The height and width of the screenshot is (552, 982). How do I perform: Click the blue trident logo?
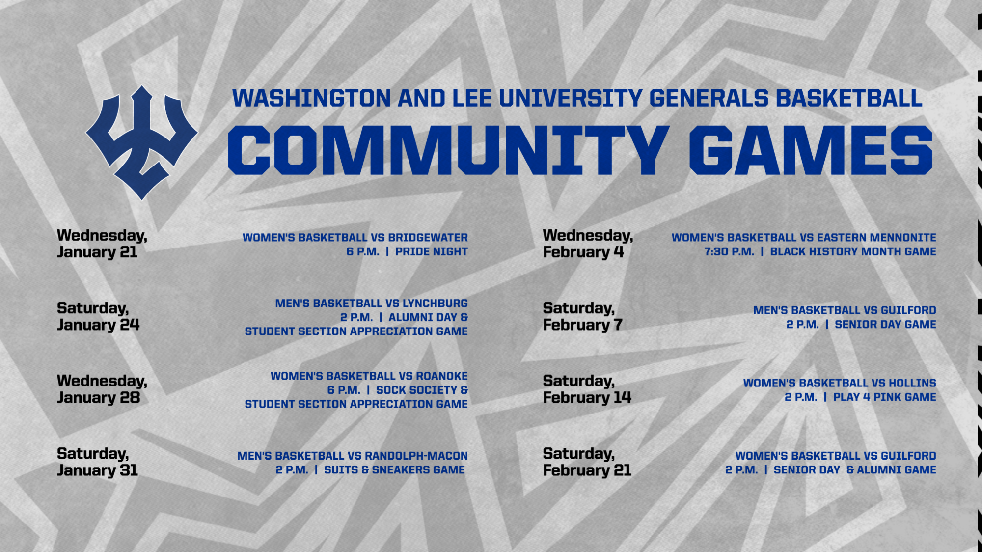tap(141, 142)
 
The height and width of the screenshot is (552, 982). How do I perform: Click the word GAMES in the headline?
tap(811, 150)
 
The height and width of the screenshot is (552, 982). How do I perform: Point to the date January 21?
tap(97, 252)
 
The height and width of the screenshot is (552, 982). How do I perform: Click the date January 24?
tap(98, 325)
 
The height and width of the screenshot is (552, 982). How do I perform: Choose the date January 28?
tap(98, 398)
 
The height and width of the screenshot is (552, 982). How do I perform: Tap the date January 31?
tap(97, 470)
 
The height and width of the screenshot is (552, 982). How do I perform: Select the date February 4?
tap(583, 252)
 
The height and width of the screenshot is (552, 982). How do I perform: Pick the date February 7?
tap(583, 325)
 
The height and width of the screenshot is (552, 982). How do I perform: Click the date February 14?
tap(587, 398)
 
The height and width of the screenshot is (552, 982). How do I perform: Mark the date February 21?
tap(587, 470)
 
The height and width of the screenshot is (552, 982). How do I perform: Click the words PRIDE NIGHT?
tap(431, 252)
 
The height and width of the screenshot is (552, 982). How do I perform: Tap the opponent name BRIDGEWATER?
tap(428, 238)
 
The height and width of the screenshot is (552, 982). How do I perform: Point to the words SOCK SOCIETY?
tap(416, 390)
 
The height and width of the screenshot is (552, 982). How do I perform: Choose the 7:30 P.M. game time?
tap(729, 252)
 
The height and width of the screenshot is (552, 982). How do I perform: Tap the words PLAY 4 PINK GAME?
tap(884, 397)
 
